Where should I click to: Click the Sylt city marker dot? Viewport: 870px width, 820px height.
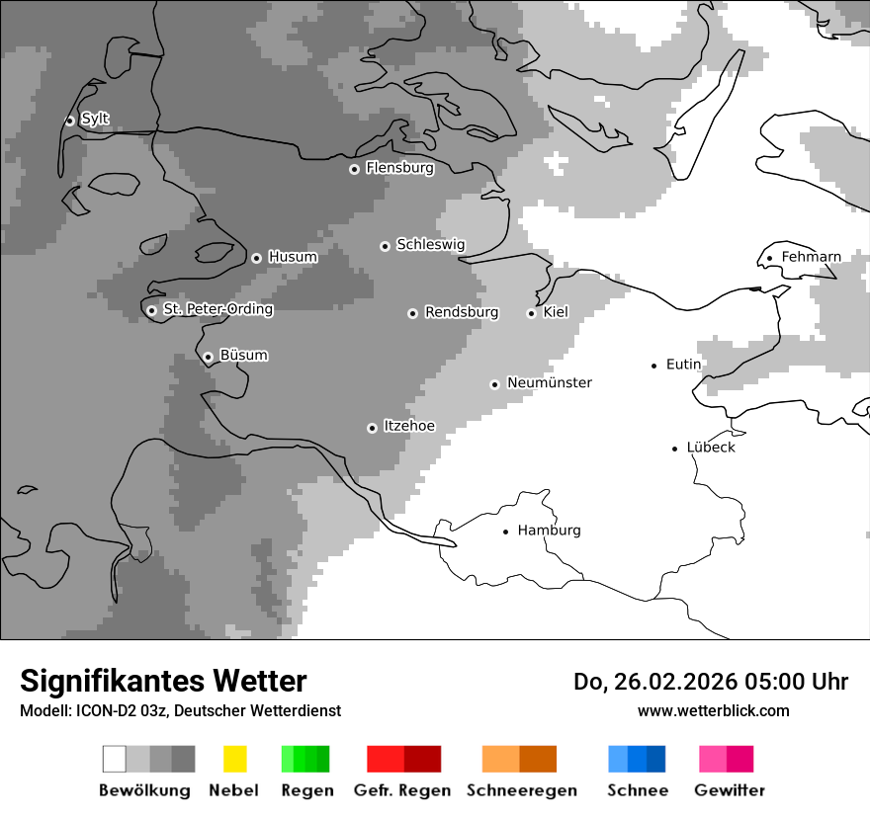pos(69,121)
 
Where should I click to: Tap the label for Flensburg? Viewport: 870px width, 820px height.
pos(399,168)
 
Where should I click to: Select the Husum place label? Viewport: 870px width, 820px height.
pos(293,257)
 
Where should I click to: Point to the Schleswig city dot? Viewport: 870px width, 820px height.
pos(385,246)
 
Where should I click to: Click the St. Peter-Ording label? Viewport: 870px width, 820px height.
pos(217,309)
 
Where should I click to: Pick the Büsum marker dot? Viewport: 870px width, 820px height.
pos(208,357)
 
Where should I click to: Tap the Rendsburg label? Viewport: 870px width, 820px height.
pos(461,312)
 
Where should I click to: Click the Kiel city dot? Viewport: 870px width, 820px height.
pos(531,313)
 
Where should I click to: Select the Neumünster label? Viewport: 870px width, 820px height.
pos(549,382)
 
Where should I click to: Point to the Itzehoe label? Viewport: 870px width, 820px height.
pos(408,426)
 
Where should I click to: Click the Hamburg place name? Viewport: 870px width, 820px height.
pos(549,531)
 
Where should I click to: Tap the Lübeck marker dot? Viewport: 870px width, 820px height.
pos(675,449)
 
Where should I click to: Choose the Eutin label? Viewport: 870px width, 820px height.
pos(683,365)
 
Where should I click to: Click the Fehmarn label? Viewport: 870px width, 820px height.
pos(811,257)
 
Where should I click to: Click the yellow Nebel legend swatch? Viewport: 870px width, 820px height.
pos(234,759)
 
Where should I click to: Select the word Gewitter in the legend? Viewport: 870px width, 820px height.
pos(730,790)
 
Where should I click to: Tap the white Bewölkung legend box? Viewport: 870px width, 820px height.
pos(115,759)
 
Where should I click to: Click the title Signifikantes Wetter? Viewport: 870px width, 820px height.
pos(163,681)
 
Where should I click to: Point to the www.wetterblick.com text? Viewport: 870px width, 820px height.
pos(713,710)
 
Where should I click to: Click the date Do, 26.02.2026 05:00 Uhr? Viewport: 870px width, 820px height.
pos(711,682)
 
